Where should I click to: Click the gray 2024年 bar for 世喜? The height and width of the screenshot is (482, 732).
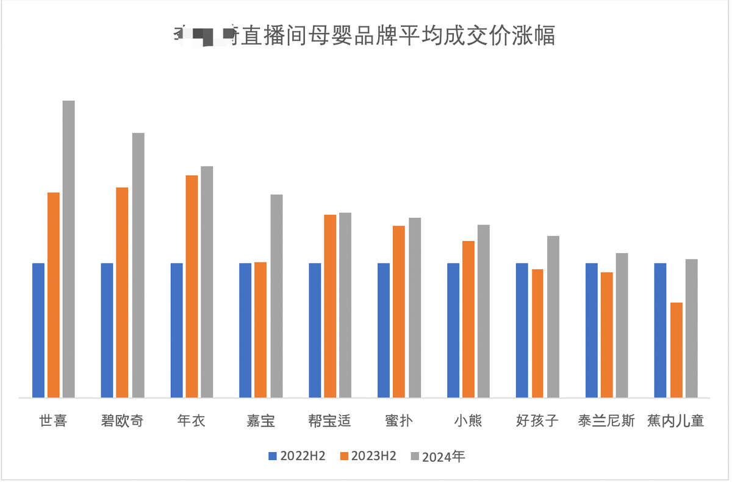[x=68, y=249]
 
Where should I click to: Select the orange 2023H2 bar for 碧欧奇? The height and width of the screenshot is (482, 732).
[x=122, y=292]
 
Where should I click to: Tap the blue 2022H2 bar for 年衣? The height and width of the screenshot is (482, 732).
[x=177, y=330]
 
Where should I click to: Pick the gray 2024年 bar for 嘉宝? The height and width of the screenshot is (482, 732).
[x=276, y=296]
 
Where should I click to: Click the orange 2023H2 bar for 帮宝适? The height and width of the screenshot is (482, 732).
[x=330, y=306]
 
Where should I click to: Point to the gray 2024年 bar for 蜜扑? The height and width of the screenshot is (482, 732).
[x=415, y=308]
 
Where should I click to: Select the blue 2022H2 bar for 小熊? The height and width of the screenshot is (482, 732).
[x=453, y=330]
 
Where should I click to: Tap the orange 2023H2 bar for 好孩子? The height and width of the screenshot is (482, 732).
[x=537, y=333]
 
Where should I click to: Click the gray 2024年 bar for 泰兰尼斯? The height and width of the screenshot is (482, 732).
[x=622, y=325]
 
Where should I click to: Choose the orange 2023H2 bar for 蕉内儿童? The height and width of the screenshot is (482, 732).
[x=676, y=350]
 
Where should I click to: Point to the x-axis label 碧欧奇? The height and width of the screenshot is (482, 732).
[x=122, y=421]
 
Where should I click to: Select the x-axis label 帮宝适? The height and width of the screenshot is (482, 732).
[x=330, y=421]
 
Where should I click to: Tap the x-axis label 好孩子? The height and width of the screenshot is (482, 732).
[x=537, y=421]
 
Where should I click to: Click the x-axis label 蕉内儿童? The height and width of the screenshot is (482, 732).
[x=676, y=421]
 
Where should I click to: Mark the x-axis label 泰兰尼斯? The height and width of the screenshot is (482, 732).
[x=606, y=421]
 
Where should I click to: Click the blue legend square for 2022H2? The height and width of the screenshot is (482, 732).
[x=273, y=456]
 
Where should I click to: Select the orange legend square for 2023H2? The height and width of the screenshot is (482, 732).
[x=344, y=456]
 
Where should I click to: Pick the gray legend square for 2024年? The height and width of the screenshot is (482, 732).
[x=415, y=456]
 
